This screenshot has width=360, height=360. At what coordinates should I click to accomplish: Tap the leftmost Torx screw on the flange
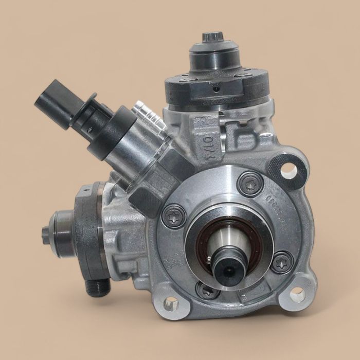[x=170, y=215]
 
